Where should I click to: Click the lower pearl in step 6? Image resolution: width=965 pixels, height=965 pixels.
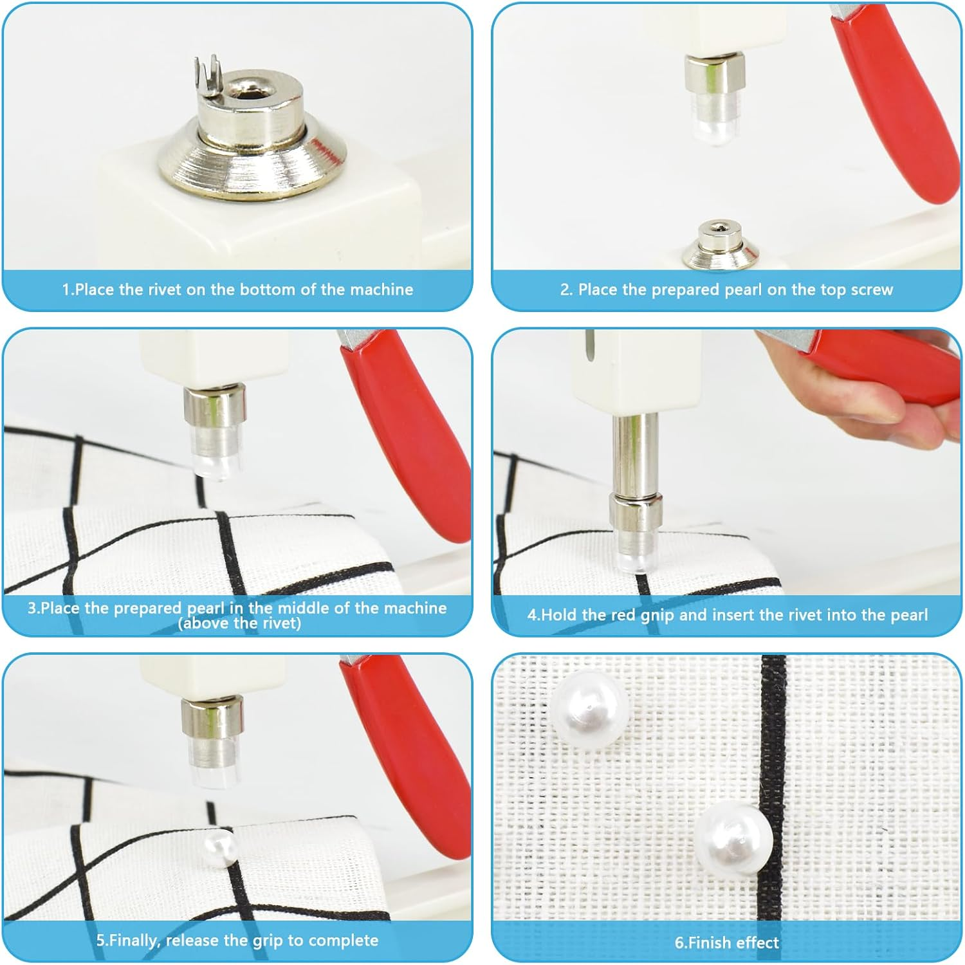click(733, 839)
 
